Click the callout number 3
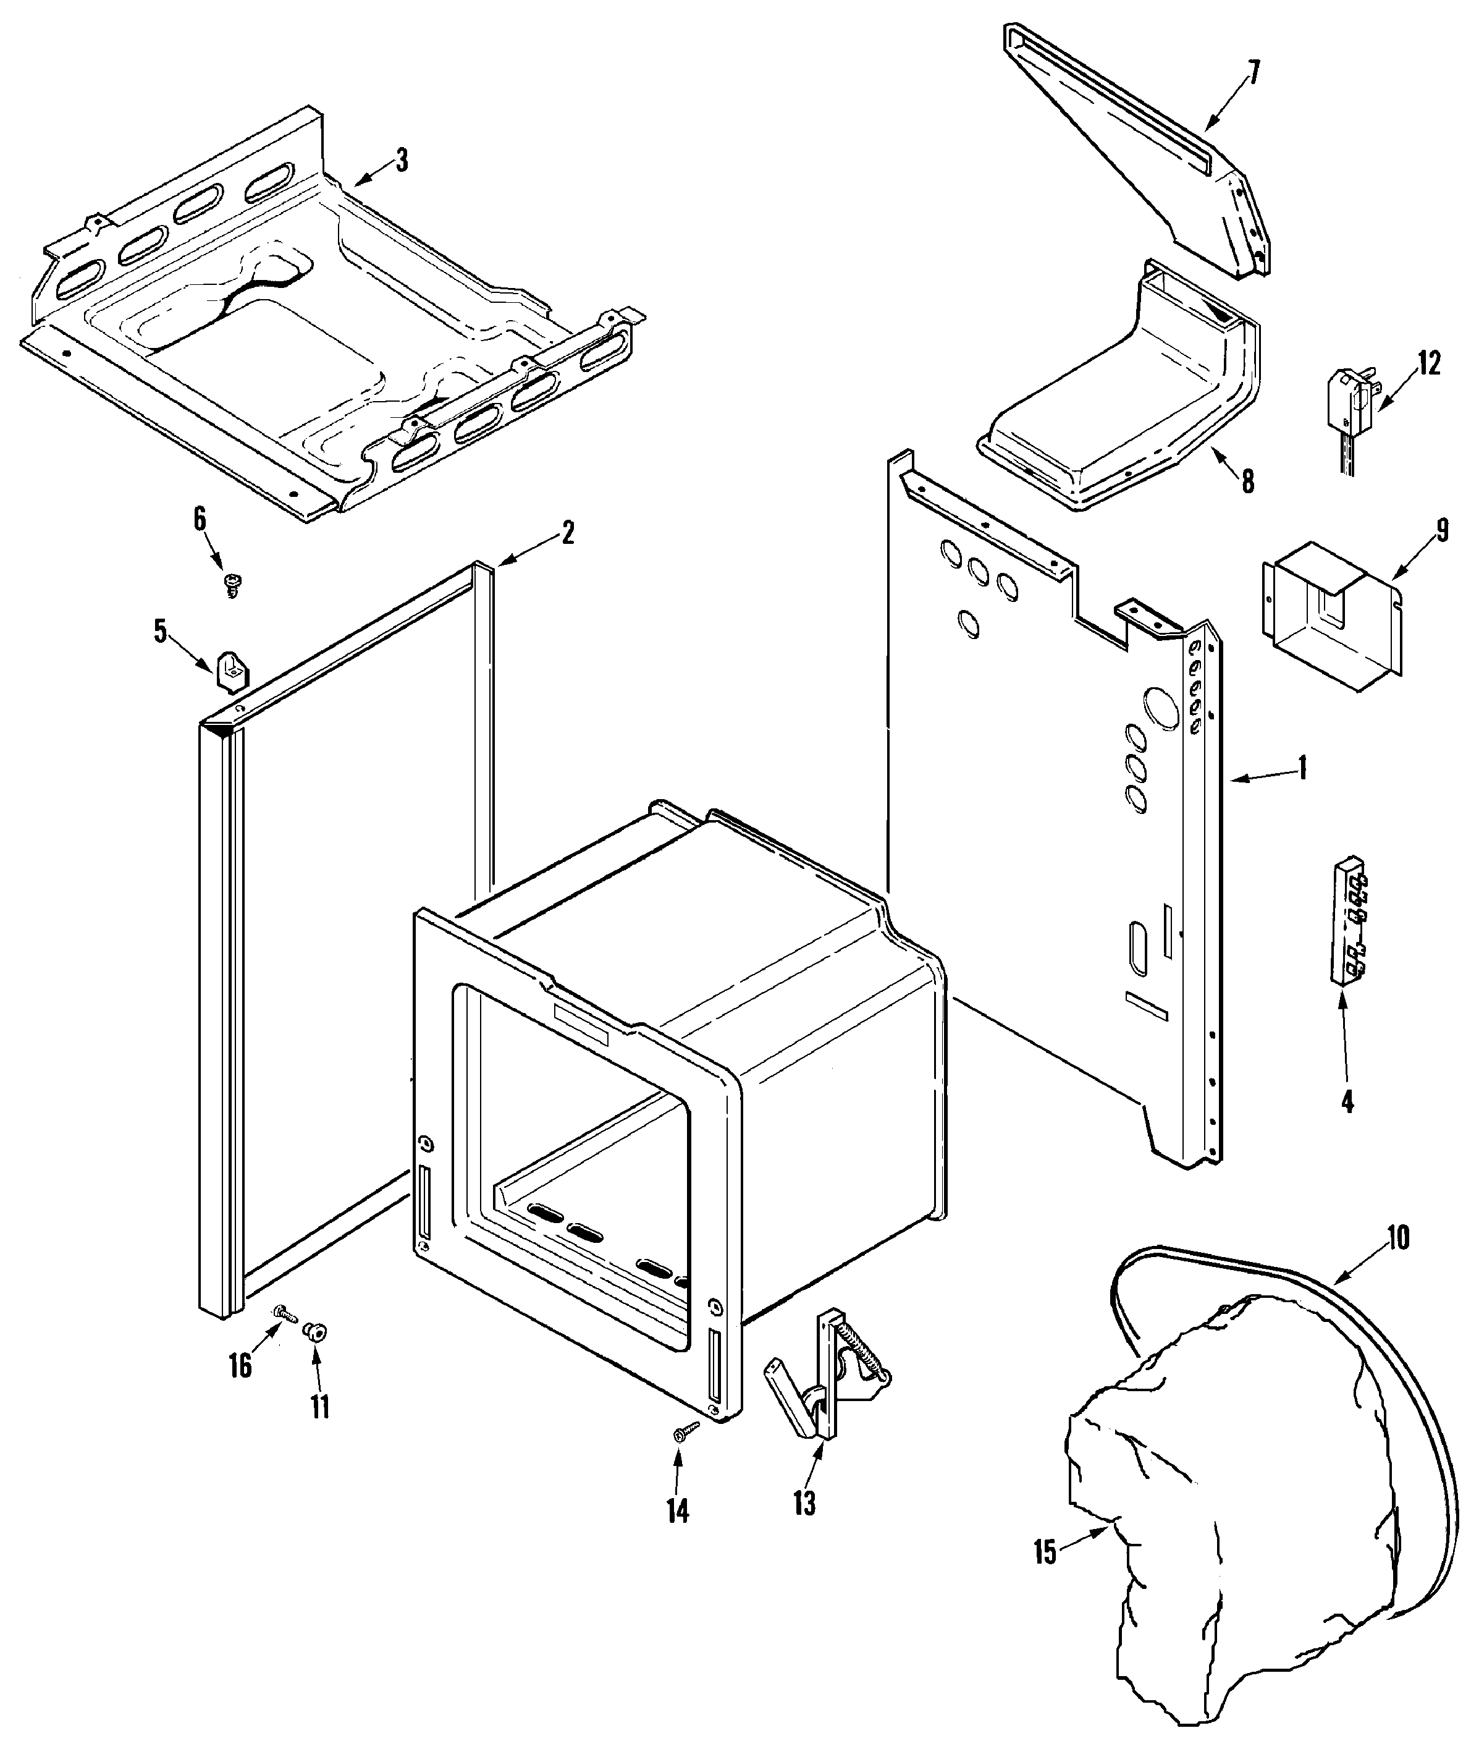pos(402,160)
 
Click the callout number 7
pos(1254,73)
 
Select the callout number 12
pos(1430,364)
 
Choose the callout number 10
pos(1397,1237)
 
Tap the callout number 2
pos(567,532)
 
